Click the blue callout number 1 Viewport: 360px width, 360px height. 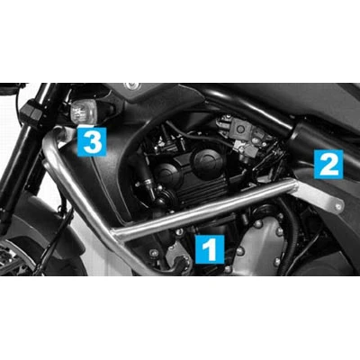point(210,249)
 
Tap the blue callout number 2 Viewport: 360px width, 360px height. point(328,165)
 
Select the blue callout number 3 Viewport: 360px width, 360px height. point(92,141)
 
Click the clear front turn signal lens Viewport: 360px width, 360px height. point(84,112)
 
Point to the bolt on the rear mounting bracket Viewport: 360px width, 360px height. point(338,206)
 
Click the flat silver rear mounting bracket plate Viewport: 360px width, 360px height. point(318,196)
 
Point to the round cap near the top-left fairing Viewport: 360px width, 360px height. point(132,86)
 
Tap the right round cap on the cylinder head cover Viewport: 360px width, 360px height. point(208,160)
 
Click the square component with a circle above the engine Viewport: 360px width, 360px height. point(240,130)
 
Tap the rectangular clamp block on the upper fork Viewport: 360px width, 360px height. point(31,112)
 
